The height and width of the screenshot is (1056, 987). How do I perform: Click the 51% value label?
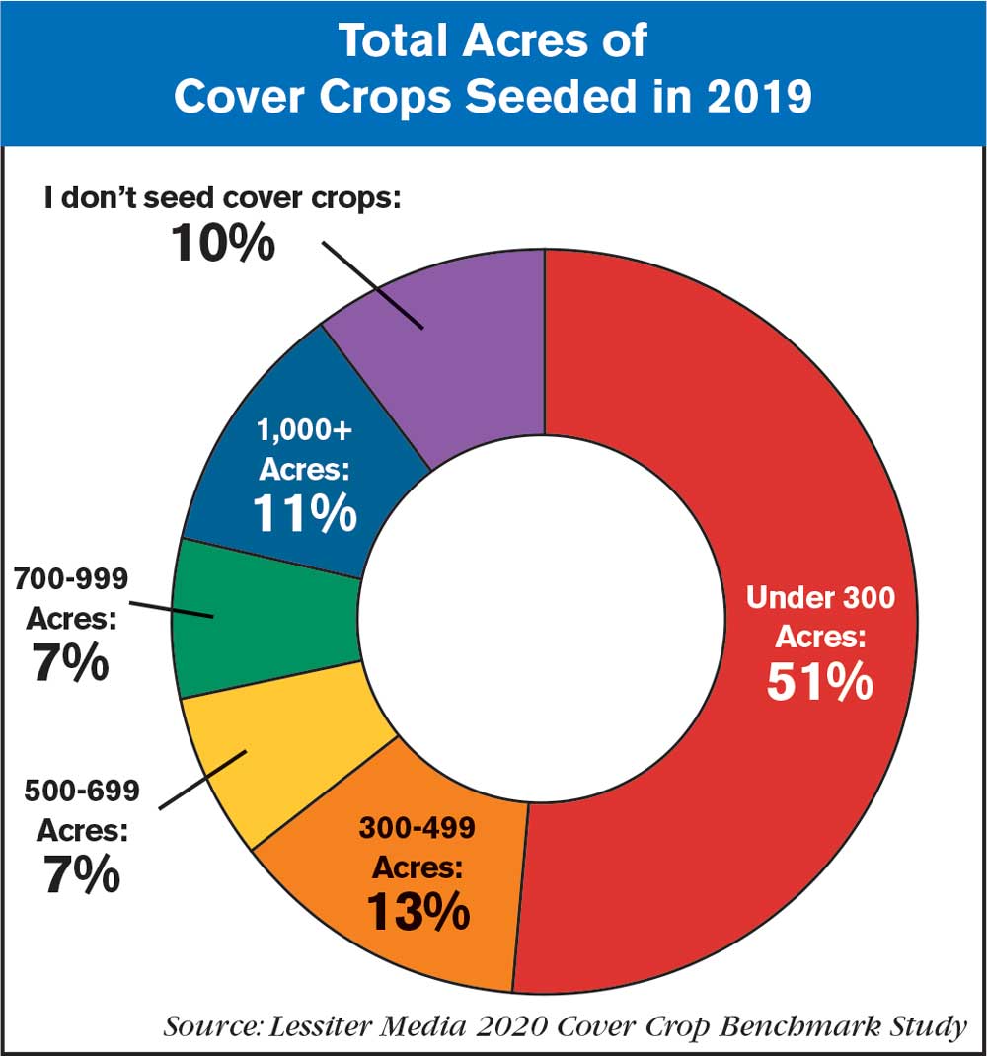819,683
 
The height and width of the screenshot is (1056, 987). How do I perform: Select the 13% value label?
418,912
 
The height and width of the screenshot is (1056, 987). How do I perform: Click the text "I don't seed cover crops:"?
222,196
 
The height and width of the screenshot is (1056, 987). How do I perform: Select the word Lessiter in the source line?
324,1026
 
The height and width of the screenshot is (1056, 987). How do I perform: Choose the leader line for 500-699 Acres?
202,780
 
